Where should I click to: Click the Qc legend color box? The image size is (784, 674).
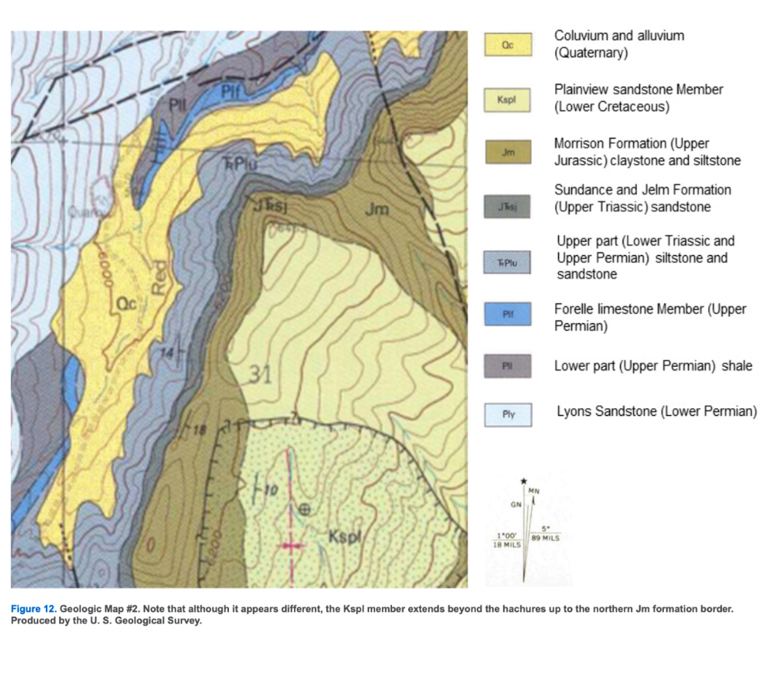click(506, 45)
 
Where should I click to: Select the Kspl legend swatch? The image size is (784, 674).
click(506, 100)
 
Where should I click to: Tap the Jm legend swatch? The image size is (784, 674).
click(506, 152)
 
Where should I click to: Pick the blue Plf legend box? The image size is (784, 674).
click(506, 314)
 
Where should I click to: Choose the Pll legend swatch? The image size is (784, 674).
click(506, 366)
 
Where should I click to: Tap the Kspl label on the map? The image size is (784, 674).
click(345, 537)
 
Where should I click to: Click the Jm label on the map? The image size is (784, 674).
click(377, 209)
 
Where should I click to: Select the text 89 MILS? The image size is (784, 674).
click(547, 538)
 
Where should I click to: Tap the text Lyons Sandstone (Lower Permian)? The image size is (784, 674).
click(656, 412)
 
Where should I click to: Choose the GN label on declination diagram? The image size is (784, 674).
click(516, 505)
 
